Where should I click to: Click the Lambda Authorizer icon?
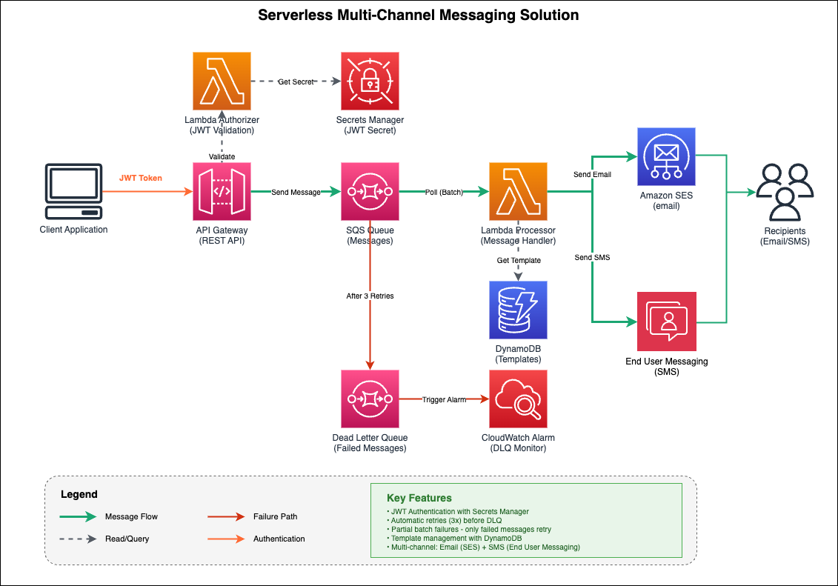(222, 81)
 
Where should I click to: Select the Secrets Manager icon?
(370, 81)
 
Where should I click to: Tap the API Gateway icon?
(222, 192)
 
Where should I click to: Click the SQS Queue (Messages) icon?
(370, 192)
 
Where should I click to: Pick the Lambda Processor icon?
(518, 192)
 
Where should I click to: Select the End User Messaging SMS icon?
(666, 321)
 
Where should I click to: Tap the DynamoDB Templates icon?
(518, 310)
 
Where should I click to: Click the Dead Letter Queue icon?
(370, 399)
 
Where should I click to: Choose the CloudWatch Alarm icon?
(518, 399)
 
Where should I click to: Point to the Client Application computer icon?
(73, 192)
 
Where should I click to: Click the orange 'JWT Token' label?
(140, 178)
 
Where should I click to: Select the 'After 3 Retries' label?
(370, 296)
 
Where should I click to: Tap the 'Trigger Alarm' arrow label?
(444, 399)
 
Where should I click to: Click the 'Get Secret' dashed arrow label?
(296, 81)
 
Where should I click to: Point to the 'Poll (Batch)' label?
(444, 192)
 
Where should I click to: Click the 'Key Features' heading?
(419, 498)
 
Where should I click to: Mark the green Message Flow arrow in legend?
(79, 516)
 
